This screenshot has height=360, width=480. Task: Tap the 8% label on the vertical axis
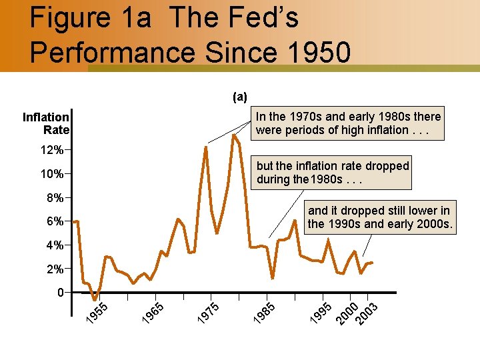tap(55, 198)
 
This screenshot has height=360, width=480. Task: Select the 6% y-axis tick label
tap(55, 221)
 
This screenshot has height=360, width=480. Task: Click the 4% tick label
tap(55, 245)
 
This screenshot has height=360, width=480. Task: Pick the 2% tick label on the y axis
tap(55, 269)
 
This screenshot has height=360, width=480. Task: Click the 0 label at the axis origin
tap(61, 293)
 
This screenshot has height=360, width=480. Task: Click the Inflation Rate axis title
tap(45, 123)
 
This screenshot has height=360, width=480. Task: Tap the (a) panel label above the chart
tap(239, 97)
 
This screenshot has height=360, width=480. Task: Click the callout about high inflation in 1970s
tap(348, 123)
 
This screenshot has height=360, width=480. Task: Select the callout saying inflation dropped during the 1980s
tap(332, 173)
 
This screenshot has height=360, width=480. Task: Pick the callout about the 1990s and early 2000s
tap(379, 217)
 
